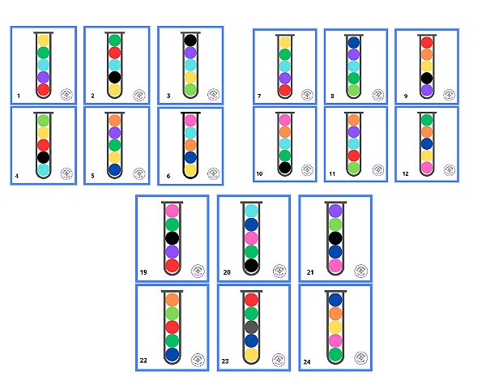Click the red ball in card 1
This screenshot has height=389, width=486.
coord(44,90)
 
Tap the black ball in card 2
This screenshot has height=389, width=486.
coord(115,77)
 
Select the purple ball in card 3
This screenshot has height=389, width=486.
coord(190,53)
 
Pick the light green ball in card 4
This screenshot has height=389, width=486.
coord(44,120)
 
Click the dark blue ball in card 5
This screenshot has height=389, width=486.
coord(115,170)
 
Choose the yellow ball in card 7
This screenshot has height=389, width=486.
coord(284,42)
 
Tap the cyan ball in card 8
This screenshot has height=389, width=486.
coord(354,66)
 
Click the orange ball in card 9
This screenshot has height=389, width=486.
coord(426,54)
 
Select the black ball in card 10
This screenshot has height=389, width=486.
coord(284,168)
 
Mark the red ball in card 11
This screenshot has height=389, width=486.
coord(354,156)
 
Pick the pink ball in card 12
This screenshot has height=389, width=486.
coord(426,168)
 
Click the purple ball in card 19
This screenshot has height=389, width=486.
coord(171,251)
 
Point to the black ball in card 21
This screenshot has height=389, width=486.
coord(335,237)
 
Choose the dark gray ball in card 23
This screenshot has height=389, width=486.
coord(251,327)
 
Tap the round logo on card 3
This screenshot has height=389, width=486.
coord(213,94)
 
